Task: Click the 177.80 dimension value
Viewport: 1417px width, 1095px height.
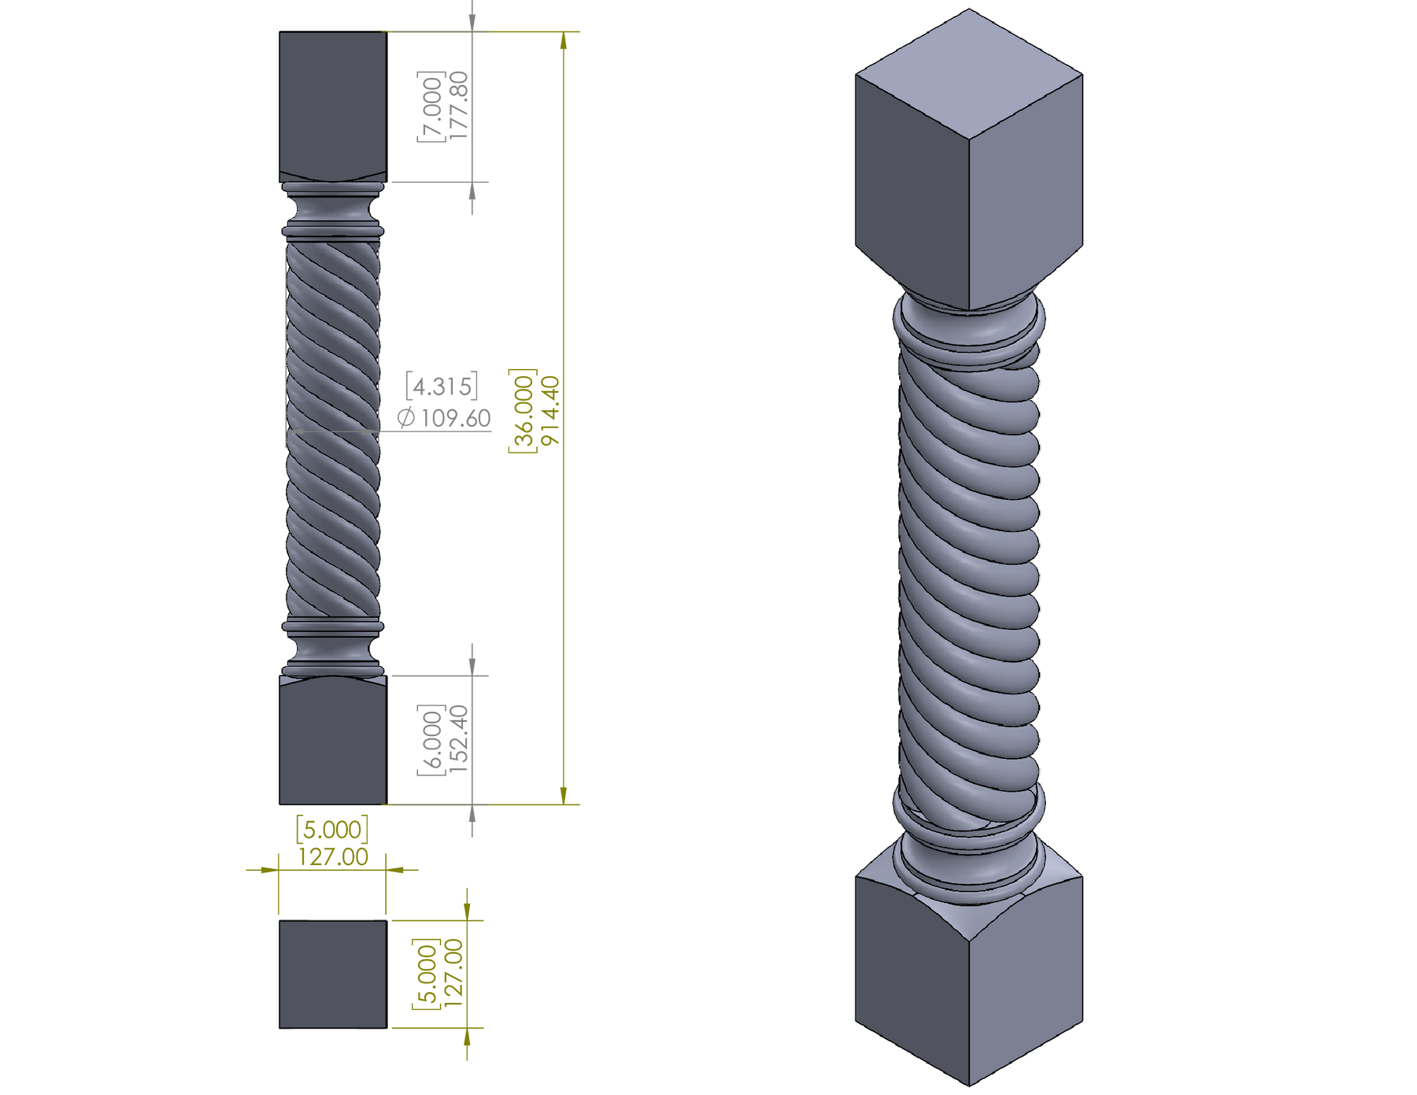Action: tap(459, 105)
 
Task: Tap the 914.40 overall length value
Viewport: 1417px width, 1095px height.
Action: tap(550, 410)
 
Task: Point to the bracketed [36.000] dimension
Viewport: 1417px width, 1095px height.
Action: tap(523, 410)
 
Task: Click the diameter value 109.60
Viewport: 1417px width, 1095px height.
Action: tap(456, 418)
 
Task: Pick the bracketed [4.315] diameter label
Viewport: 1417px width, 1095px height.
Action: tap(442, 386)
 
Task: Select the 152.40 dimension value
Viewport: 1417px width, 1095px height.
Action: tap(459, 740)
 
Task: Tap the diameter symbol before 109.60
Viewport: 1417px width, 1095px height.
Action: tap(406, 418)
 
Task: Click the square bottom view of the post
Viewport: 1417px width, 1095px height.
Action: tap(333, 974)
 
